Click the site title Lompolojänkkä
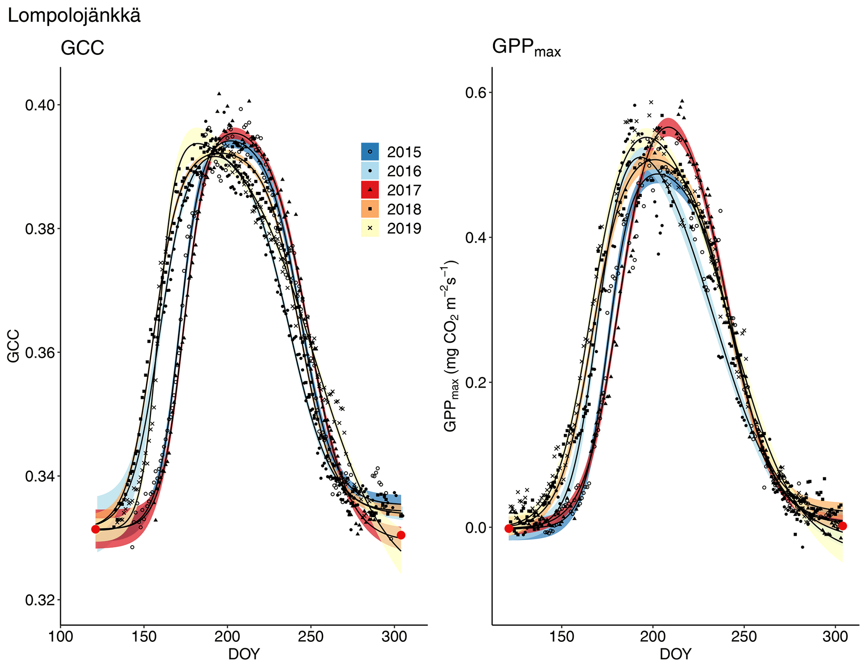[x=74, y=16]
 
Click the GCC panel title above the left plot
[x=82, y=48]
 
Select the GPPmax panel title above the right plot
[x=526, y=47]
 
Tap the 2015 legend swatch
[x=370, y=151]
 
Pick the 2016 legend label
[x=404, y=171]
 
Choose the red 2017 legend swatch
[x=370, y=190]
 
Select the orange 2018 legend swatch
[x=370, y=209]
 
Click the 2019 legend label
[x=404, y=228]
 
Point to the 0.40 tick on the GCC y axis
[x=40, y=105]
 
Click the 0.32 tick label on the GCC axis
[x=40, y=600]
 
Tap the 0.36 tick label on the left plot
[x=40, y=353]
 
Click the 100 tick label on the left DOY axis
[x=60, y=637]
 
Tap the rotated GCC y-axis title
[x=13, y=346]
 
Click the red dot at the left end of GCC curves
[x=96, y=529]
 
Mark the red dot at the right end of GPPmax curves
[x=842, y=526]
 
